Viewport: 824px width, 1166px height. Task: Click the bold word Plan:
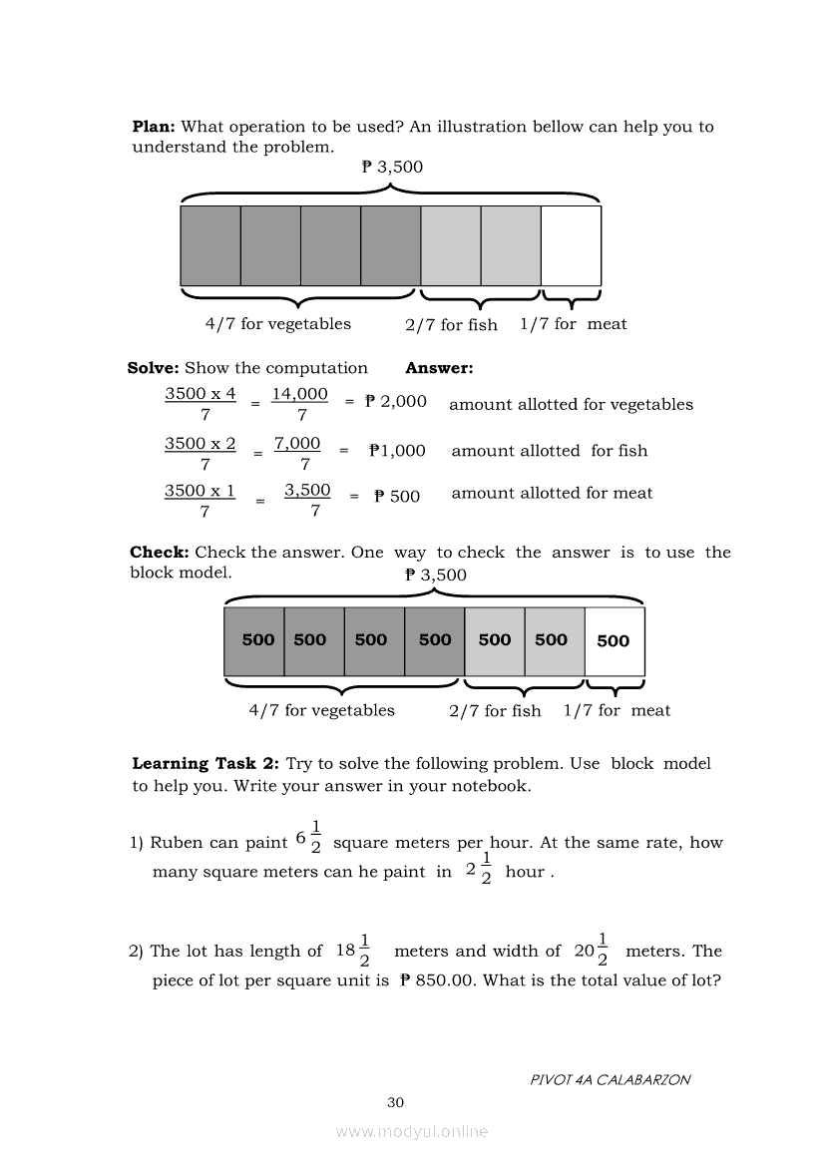(154, 127)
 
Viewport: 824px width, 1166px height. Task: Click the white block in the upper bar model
(571, 245)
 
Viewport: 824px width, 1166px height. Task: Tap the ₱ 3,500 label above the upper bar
(392, 167)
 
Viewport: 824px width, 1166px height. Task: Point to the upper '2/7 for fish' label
(451, 324)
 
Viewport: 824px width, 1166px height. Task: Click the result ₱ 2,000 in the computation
(396, 401)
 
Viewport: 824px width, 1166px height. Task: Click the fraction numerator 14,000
(300, 394)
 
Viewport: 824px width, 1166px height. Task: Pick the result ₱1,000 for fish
(397, 450)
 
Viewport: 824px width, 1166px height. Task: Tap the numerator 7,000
(297, 443)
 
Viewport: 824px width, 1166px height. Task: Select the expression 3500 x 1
(201, 490)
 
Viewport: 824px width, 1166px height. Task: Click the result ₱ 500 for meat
(397, 496)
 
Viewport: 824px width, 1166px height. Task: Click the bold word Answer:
(439, 368)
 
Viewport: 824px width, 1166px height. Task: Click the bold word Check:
(160, 552)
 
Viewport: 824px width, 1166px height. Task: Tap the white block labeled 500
(614, 641)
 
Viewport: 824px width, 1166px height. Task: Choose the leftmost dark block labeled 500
(257, 640)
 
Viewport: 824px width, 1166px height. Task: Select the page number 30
(395, 1102)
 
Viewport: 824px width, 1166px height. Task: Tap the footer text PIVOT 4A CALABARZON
(611, 1079)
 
